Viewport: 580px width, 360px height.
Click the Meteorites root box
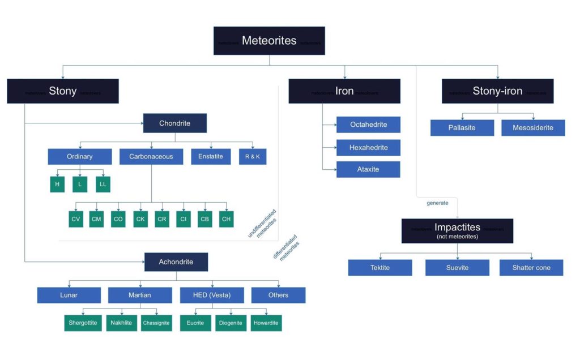[x=269, y=41]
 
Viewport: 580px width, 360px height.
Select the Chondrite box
[x=174, y=123]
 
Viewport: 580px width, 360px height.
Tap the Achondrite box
[x=176, y=262]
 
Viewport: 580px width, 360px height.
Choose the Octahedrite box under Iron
[x=368, y=125]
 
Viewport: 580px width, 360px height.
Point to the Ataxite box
[x=368, y=169]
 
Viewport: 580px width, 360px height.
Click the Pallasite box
[x=462, y=128]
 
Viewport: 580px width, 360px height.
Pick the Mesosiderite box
[x=533, y=128]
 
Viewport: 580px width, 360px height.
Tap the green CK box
[x=140, y=219]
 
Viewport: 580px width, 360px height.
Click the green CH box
[x=227, y=219]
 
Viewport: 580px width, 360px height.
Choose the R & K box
[x=253, y=156]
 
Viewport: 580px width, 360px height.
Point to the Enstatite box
[x=211, y=156]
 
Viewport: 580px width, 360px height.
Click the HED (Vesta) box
[x=212, y=295]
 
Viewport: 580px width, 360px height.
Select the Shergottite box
[x=83, y=323]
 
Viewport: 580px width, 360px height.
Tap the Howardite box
[x=266, y=323]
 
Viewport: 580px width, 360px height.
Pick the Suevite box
[x=457, y=268]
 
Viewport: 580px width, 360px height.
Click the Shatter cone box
[x=531, y=268]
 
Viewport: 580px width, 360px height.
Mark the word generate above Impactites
[x=437, y=203]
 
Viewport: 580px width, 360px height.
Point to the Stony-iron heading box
[x=497, y=91]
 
